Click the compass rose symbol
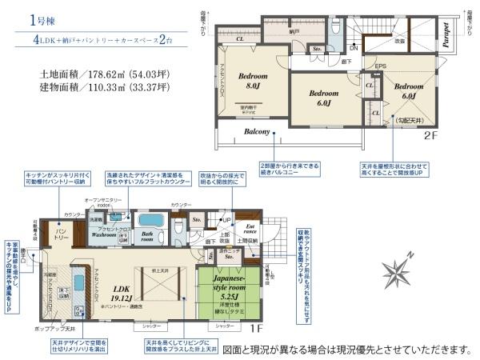click(398, 266)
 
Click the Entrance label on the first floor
click(250, 230)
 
